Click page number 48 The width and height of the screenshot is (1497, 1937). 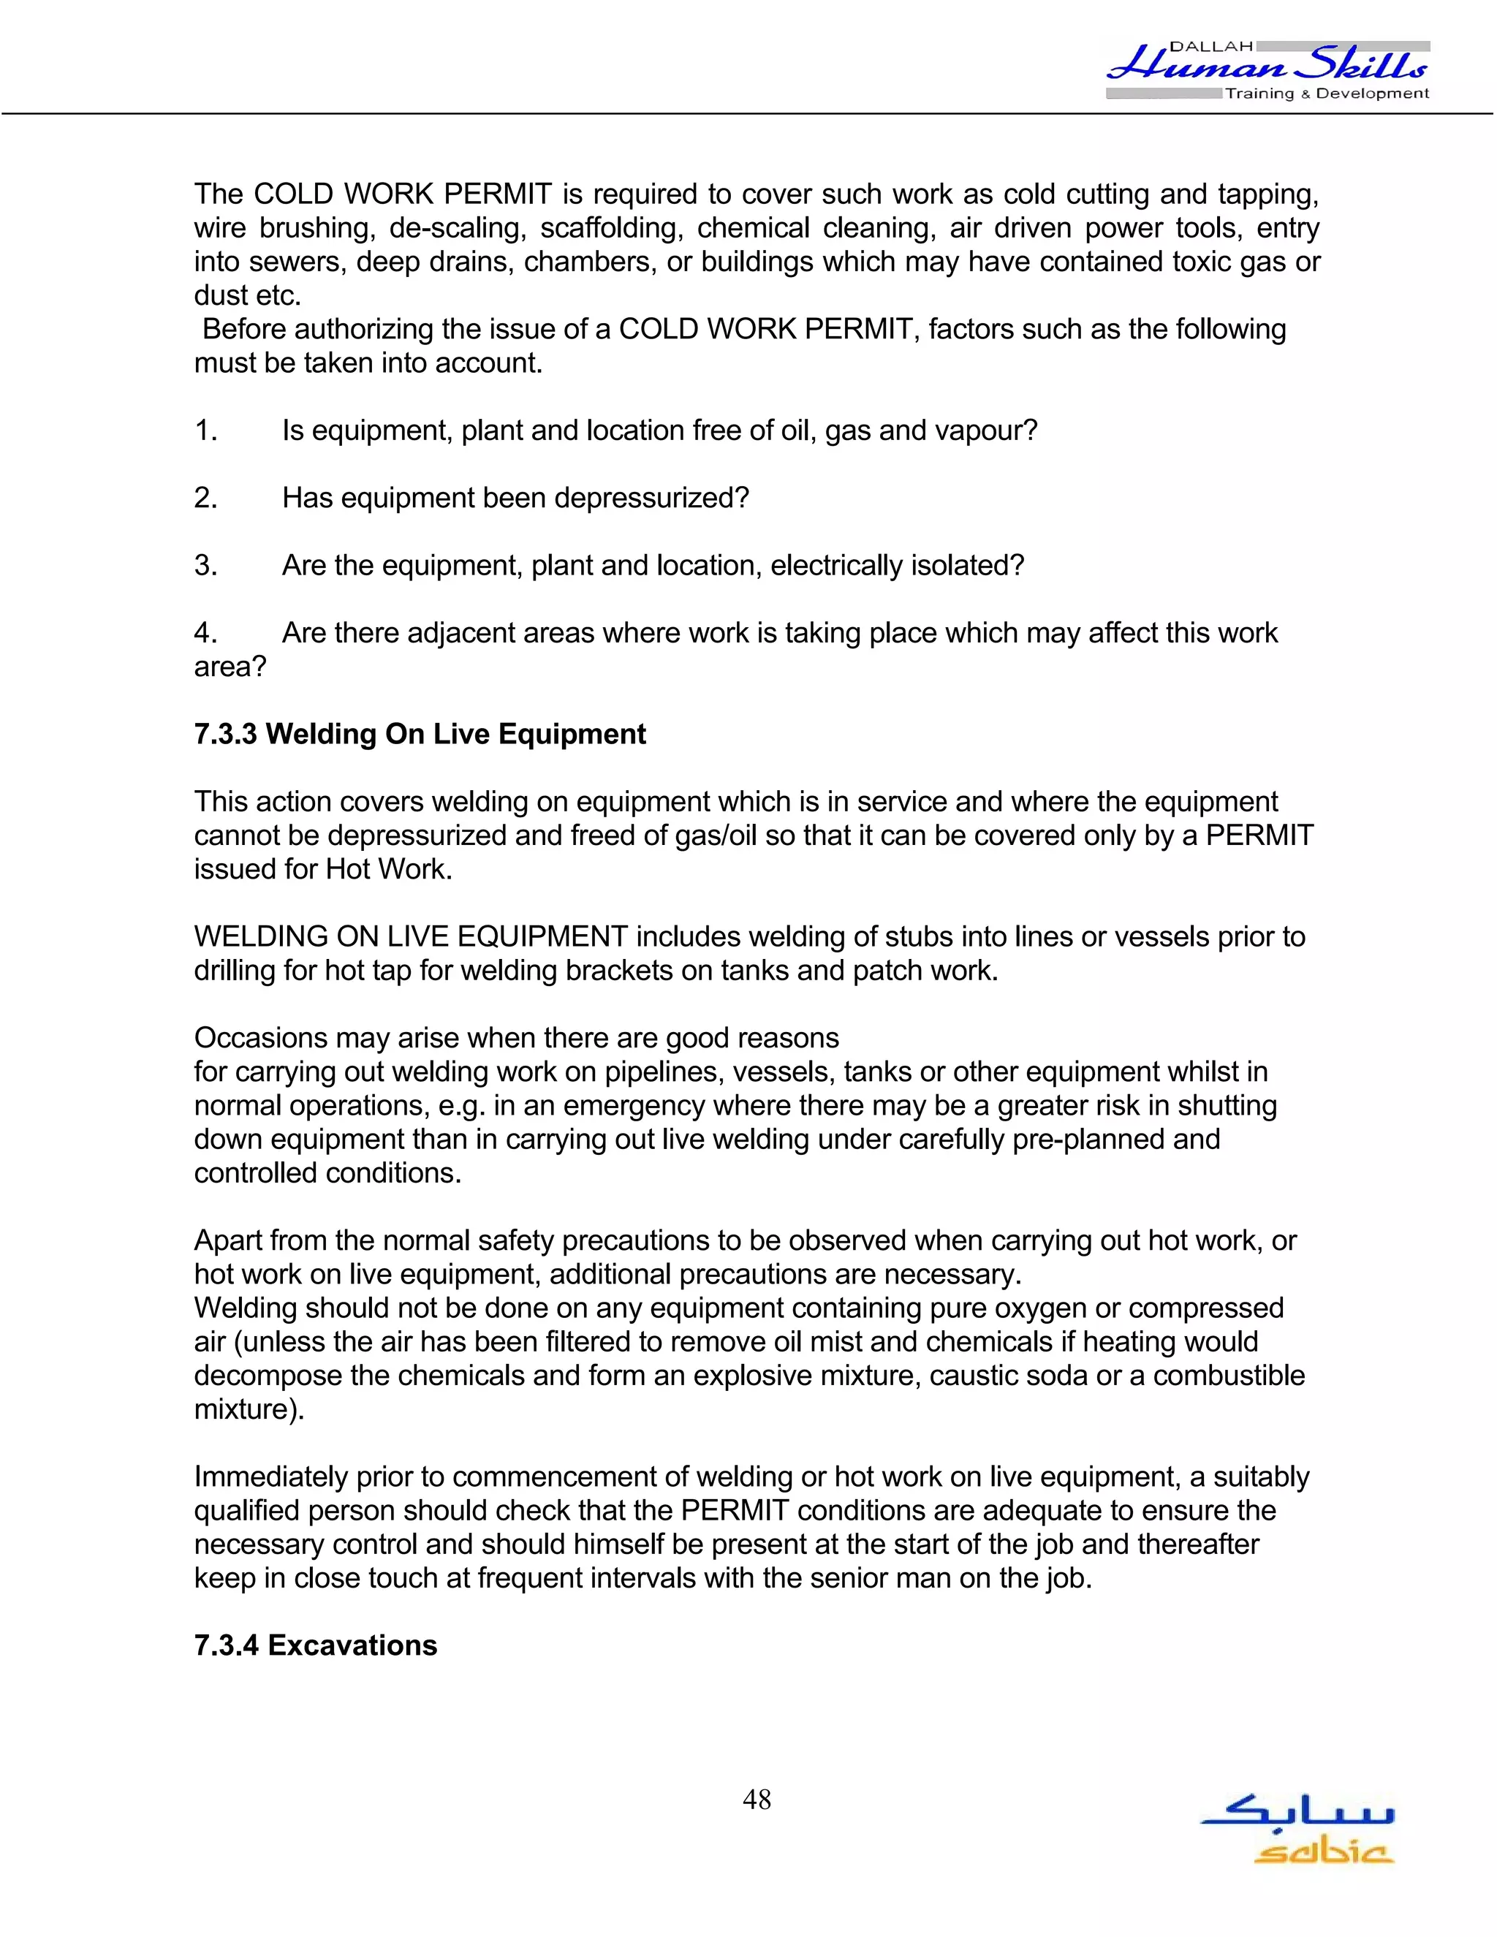click(x=757, y=1800)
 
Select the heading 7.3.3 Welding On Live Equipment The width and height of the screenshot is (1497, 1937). click(x=420, y=735)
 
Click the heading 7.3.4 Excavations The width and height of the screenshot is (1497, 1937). click(x=316, y=1645)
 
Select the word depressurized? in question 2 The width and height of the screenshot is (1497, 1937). click(x=651, y=499)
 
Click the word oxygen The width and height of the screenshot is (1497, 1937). click(x=1061, y=1308)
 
